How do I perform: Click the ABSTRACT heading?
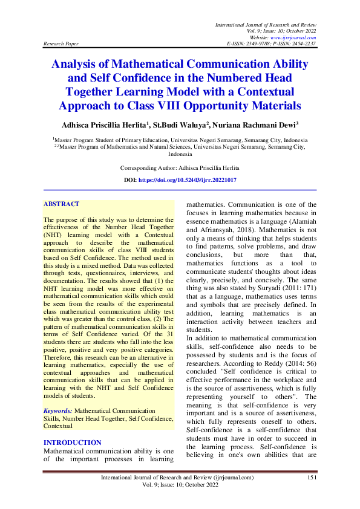pyautogui.click(x=62, y=204)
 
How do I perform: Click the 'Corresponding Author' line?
pyautogui.click(x=180, y=167)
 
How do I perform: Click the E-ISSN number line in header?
pyautogui.click(x=270, y=44)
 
